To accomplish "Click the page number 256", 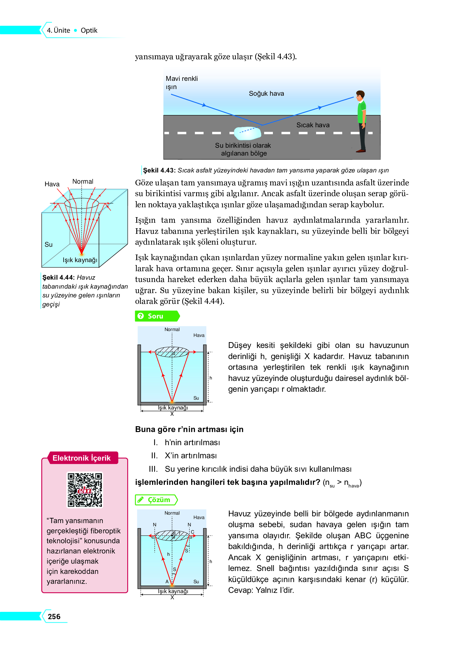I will click(54, 617).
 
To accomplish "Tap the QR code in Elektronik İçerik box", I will click(85, 490).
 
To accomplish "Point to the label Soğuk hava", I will click(266, 93).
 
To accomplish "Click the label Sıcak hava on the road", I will click(313, 125).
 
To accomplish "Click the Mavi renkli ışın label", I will click(182, 83).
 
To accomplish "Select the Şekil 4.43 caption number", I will click(159, 170).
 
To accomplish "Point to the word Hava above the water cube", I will click(52, 184).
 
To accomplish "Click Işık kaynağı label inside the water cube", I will click(80, 260).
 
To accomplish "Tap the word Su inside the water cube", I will click(48, 245).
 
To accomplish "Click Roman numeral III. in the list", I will click(153, 469).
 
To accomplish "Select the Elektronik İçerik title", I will click(81, 458).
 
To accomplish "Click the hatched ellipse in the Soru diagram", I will click(172, 352).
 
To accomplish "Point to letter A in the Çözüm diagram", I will click(167, 581).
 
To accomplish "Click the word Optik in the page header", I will click(89, 30).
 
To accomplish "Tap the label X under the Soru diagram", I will click(172, 414).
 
